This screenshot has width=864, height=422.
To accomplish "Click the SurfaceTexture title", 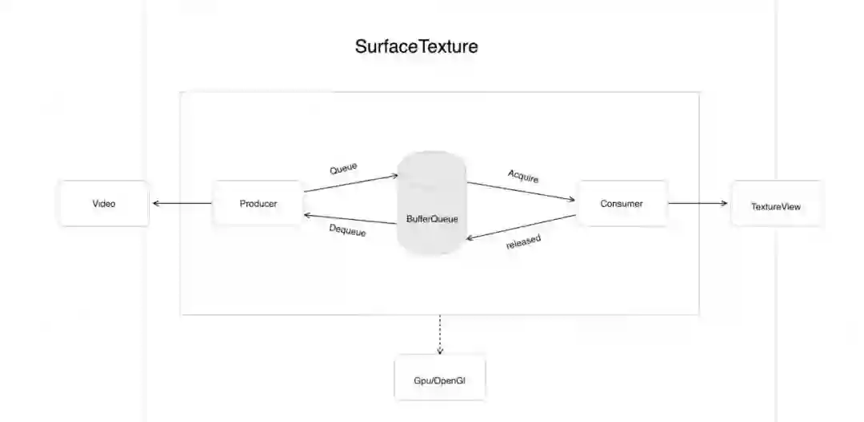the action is (x=416, y=46).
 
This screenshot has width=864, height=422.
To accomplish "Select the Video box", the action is (x=104, y=203).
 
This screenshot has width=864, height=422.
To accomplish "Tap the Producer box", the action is (x=258, y=203).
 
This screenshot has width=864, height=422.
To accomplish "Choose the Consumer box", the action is (x=622, y=203).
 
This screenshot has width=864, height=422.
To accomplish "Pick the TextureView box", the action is (x=776, y=206).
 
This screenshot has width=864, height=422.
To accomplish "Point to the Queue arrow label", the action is (x=343, y=169).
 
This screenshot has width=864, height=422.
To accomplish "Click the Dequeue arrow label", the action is (x=347, y=230).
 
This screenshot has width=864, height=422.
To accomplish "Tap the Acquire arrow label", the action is (x=523, y=176).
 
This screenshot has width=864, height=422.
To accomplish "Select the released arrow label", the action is (x=524, y=242).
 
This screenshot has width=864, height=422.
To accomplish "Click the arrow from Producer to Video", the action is (x=182, y=203).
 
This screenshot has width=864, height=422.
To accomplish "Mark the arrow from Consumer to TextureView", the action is (x=698, y=203).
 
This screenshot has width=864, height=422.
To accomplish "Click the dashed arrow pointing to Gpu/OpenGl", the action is (x=439, y=334).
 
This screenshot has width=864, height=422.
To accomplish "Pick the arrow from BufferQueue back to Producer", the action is (x=350, y=219).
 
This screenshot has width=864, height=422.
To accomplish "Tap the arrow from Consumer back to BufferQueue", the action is (x=521, y=227).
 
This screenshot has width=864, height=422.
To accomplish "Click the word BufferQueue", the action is (x=432, y=218).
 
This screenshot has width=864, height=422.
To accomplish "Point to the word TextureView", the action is (x=776, y=206).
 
